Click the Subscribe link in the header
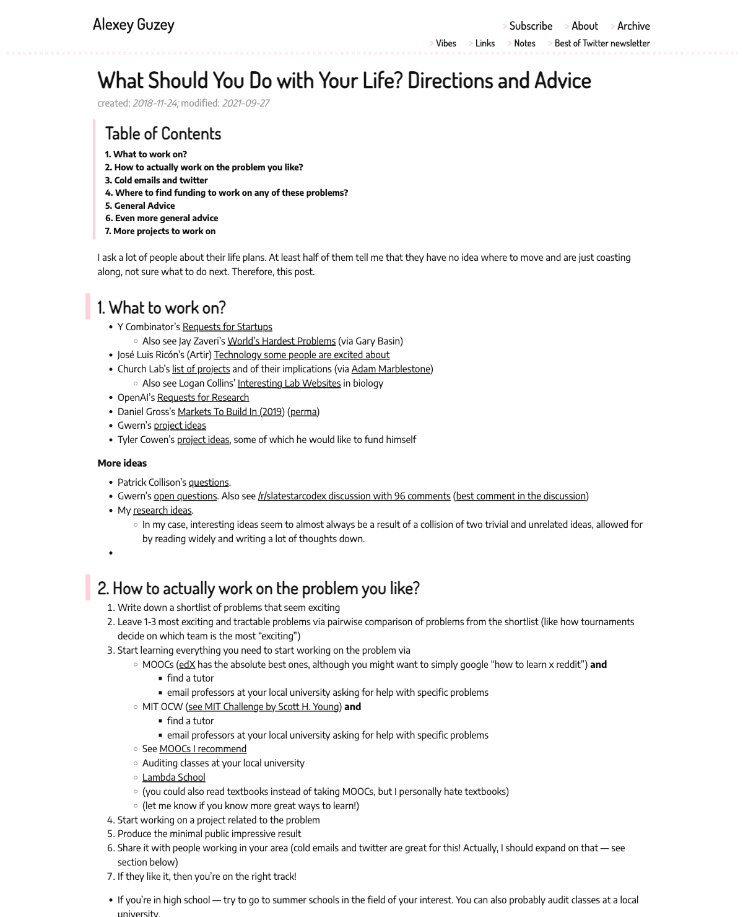click(531, 26)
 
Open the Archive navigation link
click(633, 26)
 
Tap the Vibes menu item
click(446, 43)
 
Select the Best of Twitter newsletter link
click(602, 43)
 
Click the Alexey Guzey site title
click(134, 24)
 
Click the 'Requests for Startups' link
click(227, 327)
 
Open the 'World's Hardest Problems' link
click(281, 341)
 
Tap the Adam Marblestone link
click(391, 369)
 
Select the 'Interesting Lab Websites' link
click(289, 384)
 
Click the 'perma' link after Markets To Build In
click(303, 411)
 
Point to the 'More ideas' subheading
click(122, 463)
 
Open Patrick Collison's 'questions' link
click(209, 483)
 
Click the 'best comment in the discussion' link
click(521, 496)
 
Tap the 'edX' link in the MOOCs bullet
click(187, 665)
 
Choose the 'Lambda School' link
click(173, 778)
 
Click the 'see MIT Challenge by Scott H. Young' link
click(264, 707)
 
